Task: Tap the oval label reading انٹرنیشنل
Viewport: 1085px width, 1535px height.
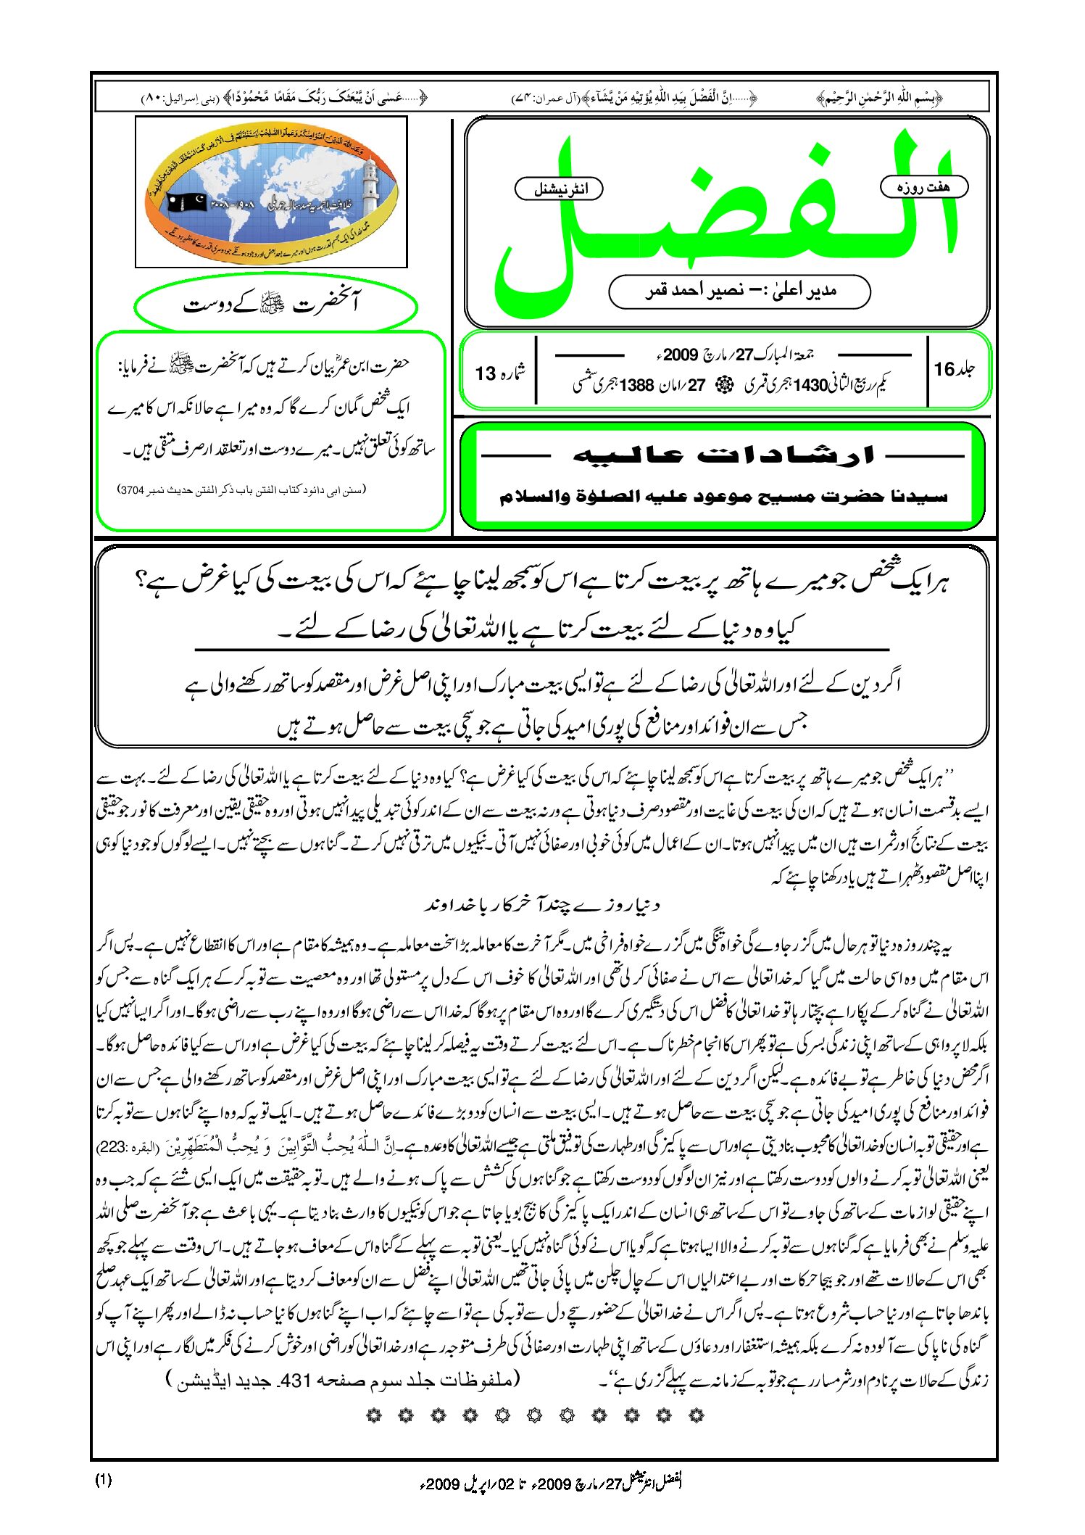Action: pos(559,189)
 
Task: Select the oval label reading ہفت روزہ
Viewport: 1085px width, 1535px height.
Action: pos(923,186)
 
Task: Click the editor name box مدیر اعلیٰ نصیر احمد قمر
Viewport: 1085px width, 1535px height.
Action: pos(739,291)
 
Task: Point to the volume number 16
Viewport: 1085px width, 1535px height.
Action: pos(944,369)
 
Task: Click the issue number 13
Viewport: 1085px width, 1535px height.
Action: pos(485,373)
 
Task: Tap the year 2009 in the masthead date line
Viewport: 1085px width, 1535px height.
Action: pos(679,355)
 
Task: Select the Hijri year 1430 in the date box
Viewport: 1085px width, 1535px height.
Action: pos(810,385)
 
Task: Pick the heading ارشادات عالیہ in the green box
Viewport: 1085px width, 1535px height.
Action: pos(723,455)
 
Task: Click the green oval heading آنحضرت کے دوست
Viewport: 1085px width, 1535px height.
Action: pos(275,305)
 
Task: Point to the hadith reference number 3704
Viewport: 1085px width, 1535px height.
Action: pos(133,490)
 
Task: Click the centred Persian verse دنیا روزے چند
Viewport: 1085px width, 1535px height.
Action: pos(541,905)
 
